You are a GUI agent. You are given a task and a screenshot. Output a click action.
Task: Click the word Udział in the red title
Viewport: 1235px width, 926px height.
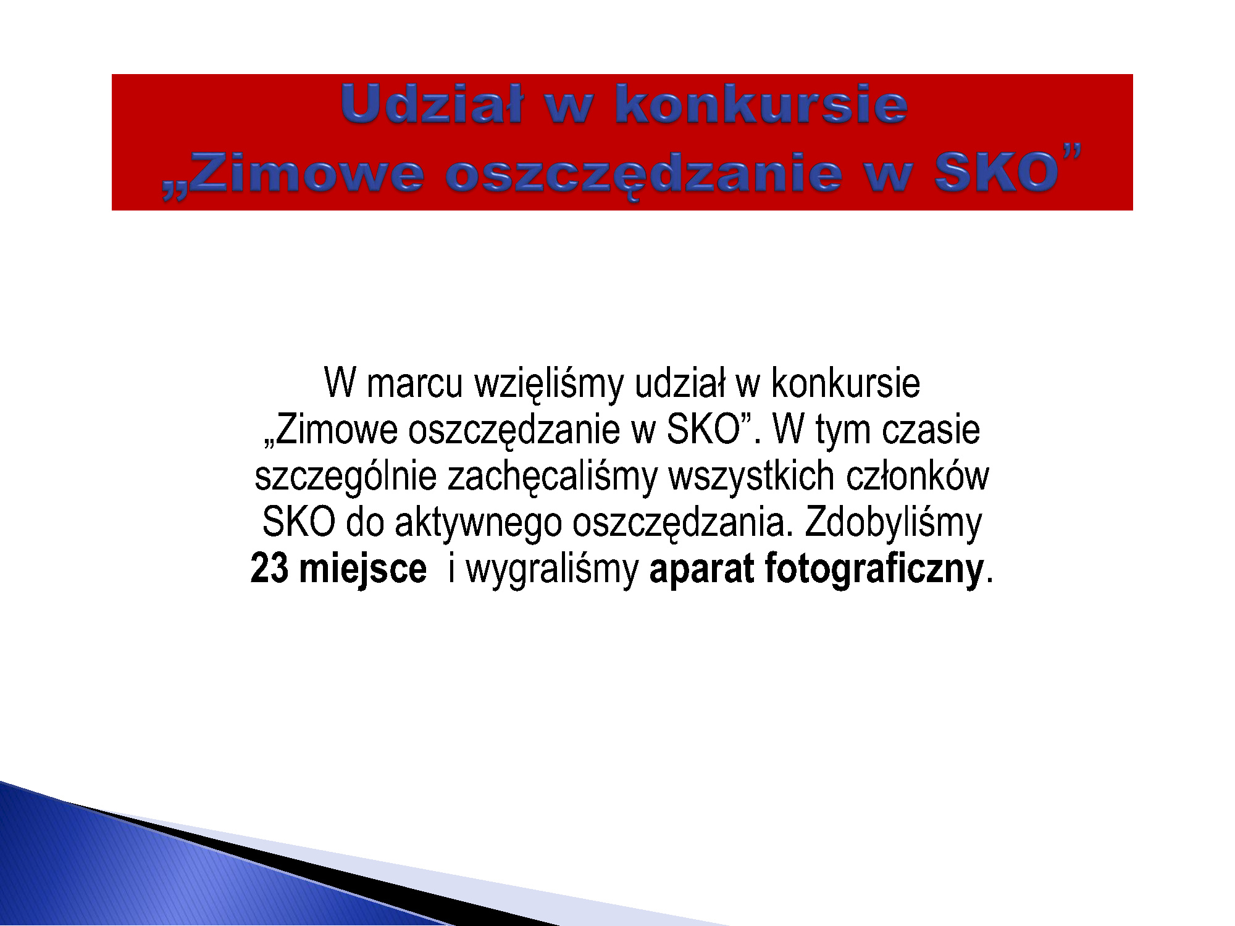click(432, 104)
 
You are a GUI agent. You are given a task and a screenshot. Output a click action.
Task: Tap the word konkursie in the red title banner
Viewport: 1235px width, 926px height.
click(761, 104)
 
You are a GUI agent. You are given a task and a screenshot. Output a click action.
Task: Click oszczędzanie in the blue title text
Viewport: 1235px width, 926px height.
click(643, 175)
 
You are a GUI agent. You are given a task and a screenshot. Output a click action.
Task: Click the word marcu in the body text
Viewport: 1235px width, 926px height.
click(414, 384)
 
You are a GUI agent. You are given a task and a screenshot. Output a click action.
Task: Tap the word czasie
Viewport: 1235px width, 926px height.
click(931, 430)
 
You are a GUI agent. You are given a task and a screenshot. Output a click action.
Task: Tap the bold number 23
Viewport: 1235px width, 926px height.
click(269, 569)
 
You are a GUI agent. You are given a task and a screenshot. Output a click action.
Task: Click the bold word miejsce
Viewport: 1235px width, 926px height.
click(363, 570)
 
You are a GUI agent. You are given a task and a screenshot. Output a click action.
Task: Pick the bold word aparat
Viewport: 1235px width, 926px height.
click(701, 570)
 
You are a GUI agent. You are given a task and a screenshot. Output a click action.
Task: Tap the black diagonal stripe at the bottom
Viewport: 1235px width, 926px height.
click(309, 864)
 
